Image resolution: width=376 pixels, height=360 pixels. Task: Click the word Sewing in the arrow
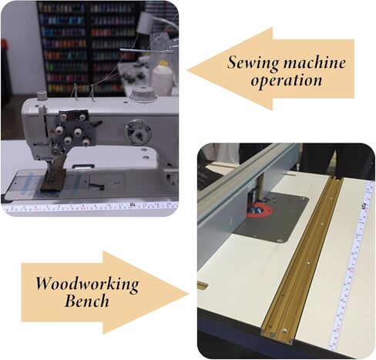253,62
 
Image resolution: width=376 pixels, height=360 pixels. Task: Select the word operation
286,81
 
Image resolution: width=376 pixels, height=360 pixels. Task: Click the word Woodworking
87,284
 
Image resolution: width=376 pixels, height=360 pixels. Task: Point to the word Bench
87,301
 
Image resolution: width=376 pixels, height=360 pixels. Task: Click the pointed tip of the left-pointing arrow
187,69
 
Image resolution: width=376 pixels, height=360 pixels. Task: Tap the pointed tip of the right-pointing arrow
189,294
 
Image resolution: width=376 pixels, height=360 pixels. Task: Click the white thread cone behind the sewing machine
162,75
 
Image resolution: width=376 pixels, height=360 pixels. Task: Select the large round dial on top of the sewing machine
143,94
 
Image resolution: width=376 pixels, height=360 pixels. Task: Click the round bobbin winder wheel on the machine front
138,132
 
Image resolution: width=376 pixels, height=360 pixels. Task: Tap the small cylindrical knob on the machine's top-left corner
42,96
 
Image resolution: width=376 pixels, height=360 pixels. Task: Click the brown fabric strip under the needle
55,177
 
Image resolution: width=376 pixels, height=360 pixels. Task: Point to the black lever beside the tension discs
97,123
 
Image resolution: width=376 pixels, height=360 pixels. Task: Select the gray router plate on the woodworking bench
272,217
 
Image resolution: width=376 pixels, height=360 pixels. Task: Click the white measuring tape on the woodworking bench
352,264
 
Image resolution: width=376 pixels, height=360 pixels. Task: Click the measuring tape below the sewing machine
90,207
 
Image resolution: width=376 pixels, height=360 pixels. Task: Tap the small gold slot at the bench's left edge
203,284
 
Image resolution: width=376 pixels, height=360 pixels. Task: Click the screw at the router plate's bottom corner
279,241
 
